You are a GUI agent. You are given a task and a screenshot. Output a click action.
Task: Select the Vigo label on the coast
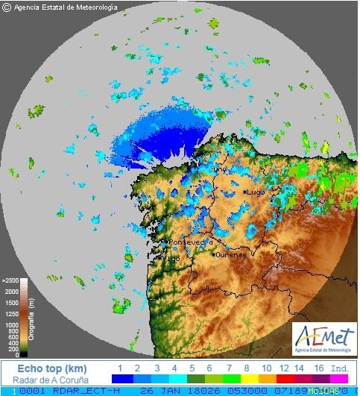click(x=171, y=259)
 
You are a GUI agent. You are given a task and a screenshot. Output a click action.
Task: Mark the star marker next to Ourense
click(x=214, y=254)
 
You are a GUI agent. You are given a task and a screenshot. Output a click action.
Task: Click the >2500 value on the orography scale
click(x=10, y=280)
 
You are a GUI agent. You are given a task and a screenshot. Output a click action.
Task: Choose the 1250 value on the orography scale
click(x=11, y=317)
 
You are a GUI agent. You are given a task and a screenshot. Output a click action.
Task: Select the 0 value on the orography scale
click(x=16, y=355)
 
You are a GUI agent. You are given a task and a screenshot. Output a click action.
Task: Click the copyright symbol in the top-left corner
click(x=7, y=7)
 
